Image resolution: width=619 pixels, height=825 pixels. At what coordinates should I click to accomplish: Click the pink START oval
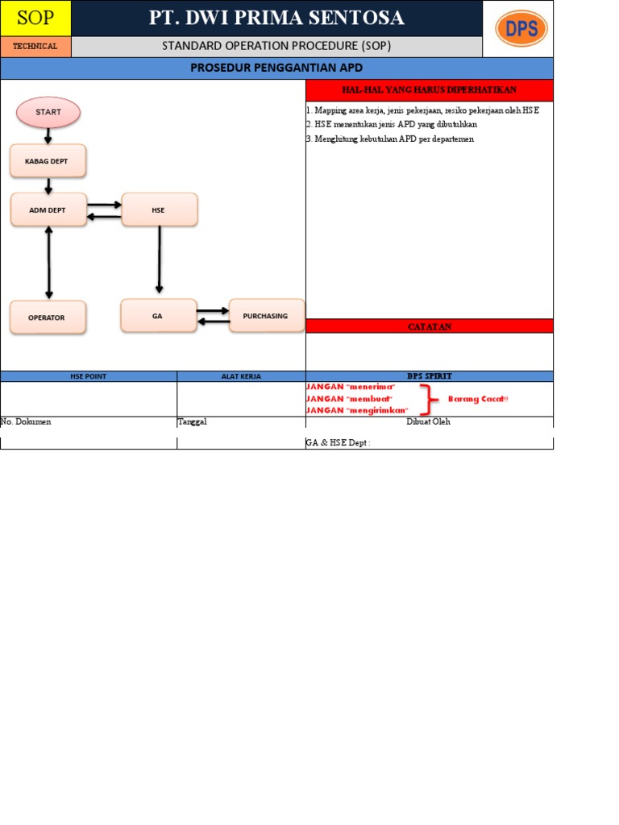(x=48, y=113)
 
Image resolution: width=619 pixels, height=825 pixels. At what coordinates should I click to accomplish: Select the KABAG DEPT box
(x=48, y=161)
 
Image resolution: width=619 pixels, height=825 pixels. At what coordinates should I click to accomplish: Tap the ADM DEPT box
(x=48, y=209)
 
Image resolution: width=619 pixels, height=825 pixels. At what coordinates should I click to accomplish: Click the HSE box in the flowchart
(x=159, y=209)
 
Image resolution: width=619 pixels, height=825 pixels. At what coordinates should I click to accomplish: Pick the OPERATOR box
(x=47, y=317)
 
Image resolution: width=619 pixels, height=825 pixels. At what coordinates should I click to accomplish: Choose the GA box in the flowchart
(x=158, y=316)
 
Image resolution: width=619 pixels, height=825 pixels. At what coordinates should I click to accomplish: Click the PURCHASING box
(x=266, y=316)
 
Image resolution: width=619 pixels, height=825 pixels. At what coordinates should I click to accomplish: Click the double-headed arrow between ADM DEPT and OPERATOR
(x=49, y=263)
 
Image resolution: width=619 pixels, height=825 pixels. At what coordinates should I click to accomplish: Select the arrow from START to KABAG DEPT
(x=48, y=136)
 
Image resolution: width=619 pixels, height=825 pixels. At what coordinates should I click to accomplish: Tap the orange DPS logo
(x=521, y=29)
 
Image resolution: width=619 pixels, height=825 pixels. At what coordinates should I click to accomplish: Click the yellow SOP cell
(x=35, y=18)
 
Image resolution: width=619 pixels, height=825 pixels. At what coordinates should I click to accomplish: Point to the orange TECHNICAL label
(x=35, y=47)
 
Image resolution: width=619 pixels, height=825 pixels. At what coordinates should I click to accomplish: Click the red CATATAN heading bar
(x=430, y=326)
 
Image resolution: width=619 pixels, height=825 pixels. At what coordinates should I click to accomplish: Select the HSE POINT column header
(x=89, y=376)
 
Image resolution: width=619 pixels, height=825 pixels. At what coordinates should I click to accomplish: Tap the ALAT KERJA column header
(x=241, y=376)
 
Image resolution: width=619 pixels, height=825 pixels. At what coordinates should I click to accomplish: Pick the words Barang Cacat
(x=478, y=399)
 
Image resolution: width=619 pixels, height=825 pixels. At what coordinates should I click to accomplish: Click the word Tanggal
(x=193, y=421)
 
